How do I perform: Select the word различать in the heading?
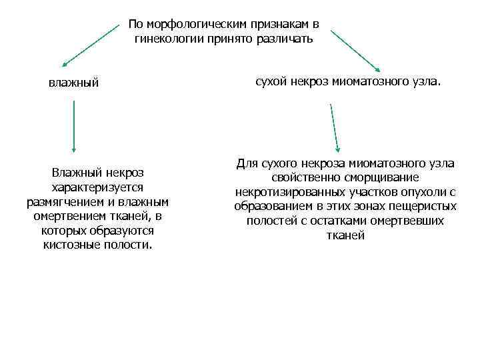point(287,39)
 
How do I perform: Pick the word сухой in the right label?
point(271,81)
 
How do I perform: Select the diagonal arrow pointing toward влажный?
point(93,47)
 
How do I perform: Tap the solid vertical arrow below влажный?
point(73,126)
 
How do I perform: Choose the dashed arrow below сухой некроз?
point(334,127)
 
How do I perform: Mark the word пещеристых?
point(425,207)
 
